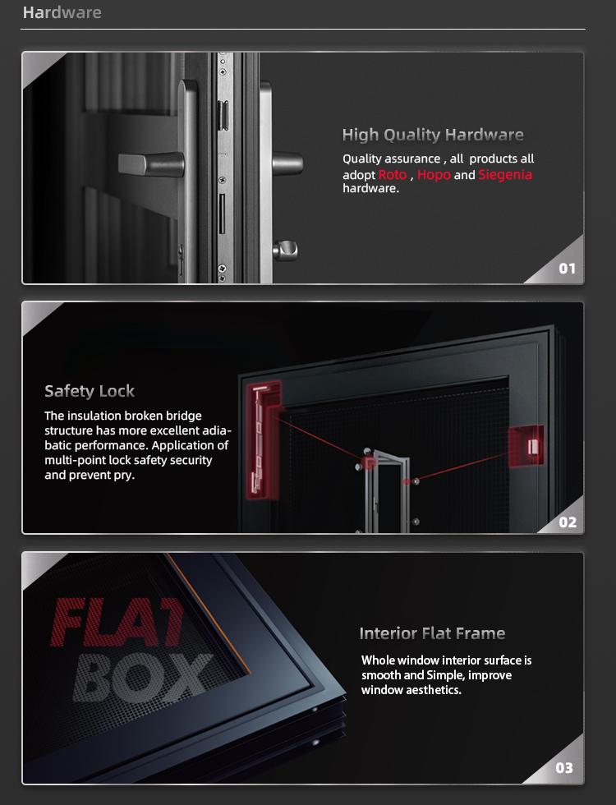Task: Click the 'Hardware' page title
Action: point(62,12)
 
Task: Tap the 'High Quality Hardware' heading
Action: point(433,135)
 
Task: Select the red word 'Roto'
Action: point(393,174)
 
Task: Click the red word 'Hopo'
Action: point(434,175)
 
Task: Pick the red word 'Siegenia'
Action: point(505,175)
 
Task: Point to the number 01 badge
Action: point(567,269)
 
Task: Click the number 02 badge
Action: point(568,522)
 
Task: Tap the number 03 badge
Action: point(564,768)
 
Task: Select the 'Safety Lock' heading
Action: point(90,391)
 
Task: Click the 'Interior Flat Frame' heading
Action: point(432,633)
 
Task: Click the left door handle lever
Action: point(151,163)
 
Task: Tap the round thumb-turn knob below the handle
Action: point(286,250)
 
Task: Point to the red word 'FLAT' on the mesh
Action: point(117,623)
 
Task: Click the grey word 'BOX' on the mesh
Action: point(143,678)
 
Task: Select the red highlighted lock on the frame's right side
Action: point(526,446)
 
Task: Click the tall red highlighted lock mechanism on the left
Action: point(264,440)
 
